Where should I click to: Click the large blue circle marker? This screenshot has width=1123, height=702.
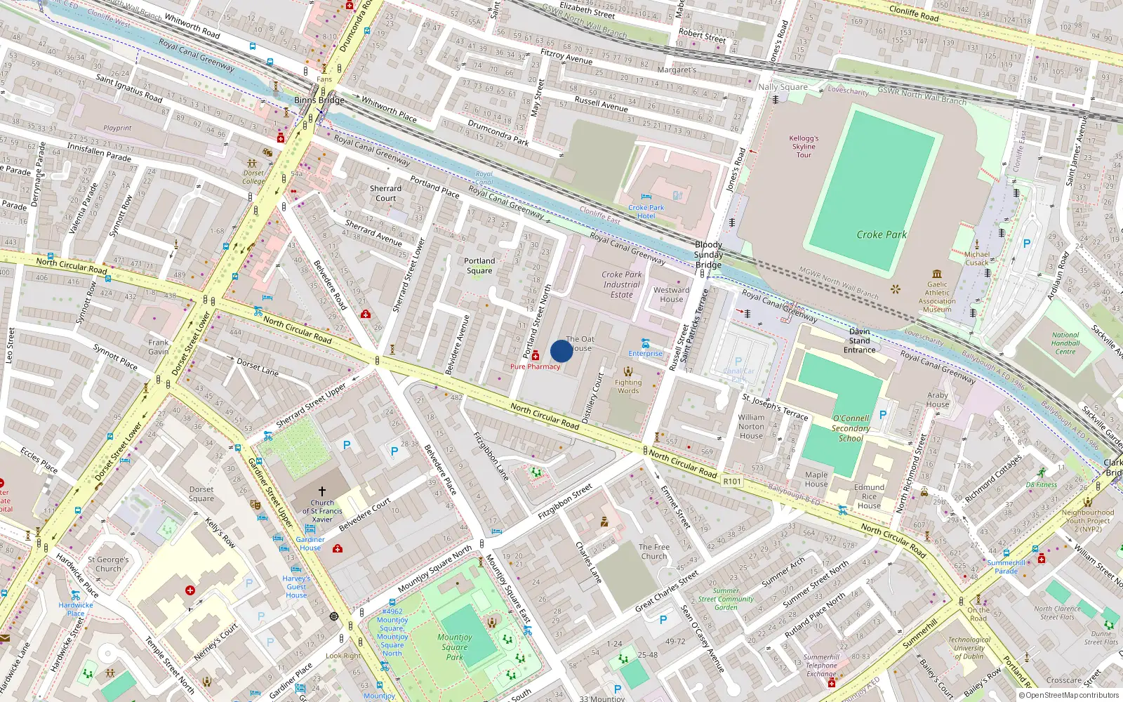point(561,351)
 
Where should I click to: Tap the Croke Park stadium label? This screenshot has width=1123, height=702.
point(882,234)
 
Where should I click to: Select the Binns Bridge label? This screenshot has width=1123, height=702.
point(319,100)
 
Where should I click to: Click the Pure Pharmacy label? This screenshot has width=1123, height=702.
point(535,366)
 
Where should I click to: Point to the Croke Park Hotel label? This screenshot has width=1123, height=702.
point(646,211)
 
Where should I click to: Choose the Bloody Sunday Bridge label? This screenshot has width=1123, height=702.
point(708,255)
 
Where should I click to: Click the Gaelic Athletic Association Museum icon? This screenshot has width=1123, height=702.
point(937,274)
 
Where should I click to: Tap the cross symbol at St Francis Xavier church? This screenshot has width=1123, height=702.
point(322,491)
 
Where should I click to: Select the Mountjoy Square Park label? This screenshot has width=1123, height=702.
point(455,647)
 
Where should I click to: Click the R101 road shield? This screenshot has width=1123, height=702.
point(732,482)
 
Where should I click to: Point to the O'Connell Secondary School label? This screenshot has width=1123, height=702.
point(851,428)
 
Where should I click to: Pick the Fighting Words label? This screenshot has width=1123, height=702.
point(628,387)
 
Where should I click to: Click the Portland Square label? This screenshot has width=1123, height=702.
point(479,265)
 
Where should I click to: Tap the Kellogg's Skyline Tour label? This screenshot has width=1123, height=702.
point(804,147)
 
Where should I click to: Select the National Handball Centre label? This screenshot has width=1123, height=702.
point(1065,343)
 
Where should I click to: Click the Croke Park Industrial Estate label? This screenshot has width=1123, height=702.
point(622,285)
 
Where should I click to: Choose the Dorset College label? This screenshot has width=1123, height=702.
point(253,177)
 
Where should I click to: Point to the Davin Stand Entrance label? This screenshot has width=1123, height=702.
point(860,340)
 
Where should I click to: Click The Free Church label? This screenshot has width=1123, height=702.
point(654,551)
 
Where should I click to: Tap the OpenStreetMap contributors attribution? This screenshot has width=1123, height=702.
point(1069,696)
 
